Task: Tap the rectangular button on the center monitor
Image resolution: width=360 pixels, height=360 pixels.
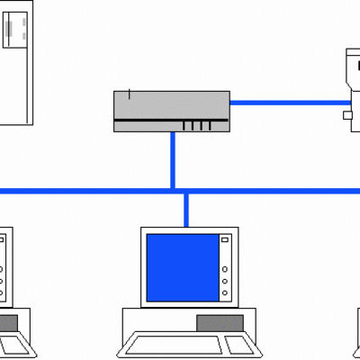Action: point(225,240)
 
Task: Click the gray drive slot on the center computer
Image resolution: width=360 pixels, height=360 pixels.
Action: point(219,321)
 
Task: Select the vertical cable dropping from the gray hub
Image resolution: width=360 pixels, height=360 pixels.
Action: point(172,159)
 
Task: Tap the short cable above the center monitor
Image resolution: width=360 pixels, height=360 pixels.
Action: point(186,209)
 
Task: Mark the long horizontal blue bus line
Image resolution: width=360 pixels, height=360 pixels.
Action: point(90,191)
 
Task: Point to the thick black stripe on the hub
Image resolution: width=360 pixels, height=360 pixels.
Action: point(171,119)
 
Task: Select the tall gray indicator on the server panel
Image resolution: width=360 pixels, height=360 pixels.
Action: point(11,32)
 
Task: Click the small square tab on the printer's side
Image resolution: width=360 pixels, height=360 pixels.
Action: point(347,115)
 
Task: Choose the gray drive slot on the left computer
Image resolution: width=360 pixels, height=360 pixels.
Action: point(7,321)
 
